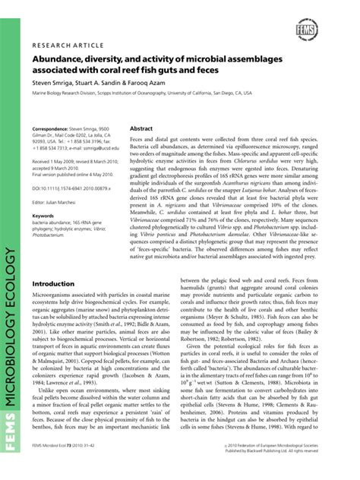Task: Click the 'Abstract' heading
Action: coord(142,129)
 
